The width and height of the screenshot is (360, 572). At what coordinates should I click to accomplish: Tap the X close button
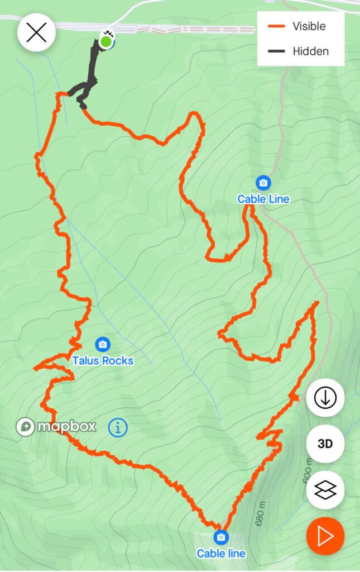(36, 33)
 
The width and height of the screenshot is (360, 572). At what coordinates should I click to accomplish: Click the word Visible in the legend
(309, 26)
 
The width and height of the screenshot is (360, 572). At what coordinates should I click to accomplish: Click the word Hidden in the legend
(310, 51)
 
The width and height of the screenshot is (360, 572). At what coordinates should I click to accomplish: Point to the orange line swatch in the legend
(276, 26)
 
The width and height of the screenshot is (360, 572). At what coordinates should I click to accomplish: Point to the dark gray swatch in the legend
(276, 51)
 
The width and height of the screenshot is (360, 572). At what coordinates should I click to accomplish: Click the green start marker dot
(105, 41)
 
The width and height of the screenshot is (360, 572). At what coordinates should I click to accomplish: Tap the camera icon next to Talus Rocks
(102, 344)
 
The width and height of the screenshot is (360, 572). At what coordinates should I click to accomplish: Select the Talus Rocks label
(103, 361)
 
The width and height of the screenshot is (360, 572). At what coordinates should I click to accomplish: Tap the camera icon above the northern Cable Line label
(263, 183)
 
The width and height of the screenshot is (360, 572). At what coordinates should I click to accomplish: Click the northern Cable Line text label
(263, 199)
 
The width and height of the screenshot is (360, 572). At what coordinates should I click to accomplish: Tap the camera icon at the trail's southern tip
(221, 537)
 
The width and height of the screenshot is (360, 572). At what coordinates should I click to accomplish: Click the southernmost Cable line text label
(221, 554)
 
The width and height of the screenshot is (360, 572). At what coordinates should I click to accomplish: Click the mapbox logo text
(66, 427)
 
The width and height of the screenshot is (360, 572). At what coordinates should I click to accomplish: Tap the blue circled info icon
(118, 428)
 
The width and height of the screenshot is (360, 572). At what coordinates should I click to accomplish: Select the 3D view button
(325, 444)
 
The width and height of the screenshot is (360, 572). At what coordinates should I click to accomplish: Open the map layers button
(325, 490)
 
